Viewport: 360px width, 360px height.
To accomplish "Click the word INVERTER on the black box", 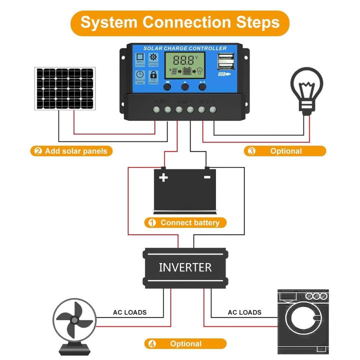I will click(x=185, y=267).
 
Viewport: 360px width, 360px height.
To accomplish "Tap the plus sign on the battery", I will click(x=163, y=177).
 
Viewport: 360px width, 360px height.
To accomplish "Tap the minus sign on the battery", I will click(x=207, y=177).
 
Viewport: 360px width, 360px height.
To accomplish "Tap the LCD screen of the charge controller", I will click(x=185, y=65).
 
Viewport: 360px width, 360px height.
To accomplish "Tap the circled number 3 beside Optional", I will click(x=251, y=151).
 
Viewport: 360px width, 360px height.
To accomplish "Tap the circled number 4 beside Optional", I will click(x=151, y=344).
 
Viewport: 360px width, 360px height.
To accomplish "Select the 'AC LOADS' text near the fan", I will click(x=129, y=312).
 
